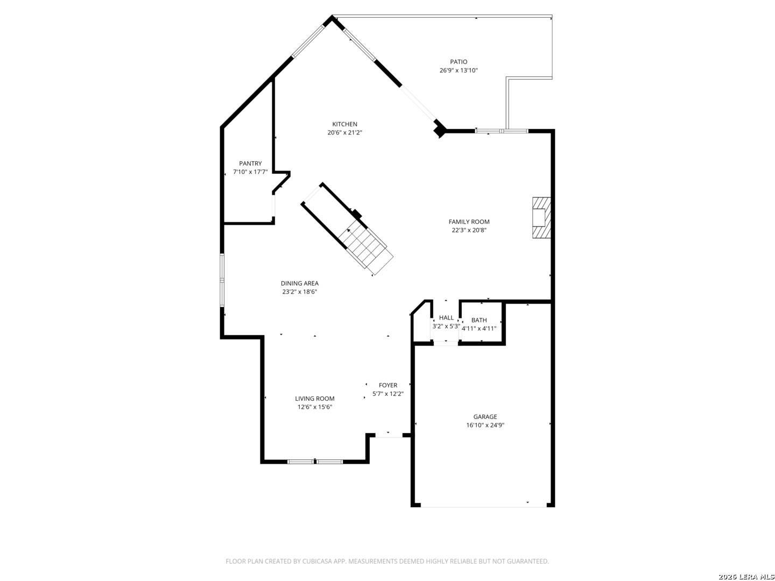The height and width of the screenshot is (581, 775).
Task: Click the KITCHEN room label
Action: click(x=344, y=124)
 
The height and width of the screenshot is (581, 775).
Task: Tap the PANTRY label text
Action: click(x=250, y=164)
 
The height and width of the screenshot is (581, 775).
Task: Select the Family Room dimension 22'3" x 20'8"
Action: click(x=469, y=230)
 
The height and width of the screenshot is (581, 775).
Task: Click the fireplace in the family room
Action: click(x=541, y=218)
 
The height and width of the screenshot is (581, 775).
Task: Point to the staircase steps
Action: click(x=366, y=247)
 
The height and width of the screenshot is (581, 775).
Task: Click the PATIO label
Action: click(x=459, y=62)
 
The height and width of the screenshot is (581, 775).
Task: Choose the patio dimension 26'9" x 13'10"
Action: click(x=459, y=70)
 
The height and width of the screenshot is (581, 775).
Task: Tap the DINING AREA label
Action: click(x=299, y=284)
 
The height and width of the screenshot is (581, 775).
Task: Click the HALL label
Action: click(x=446, y=318)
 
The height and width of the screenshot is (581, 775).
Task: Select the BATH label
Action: click(x=479, y=320)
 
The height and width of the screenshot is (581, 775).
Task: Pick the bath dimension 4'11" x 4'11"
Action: click(x=479, y=328)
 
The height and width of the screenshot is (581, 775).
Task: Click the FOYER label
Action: click(x=387, y=385)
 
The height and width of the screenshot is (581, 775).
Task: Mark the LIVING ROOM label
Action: click(x=315, y=399)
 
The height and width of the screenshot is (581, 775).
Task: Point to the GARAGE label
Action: click(x=485, y=416)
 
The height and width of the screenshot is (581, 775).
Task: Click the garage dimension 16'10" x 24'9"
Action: click(x=485, y=425)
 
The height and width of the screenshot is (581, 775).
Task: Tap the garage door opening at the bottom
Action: click(x=484, y=507)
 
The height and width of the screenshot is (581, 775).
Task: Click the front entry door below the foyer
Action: click(x=389, y=437)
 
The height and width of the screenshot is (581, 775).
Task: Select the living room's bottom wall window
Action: click(x=315, y=462)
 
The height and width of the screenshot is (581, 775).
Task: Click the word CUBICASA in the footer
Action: click(x=317, y=561)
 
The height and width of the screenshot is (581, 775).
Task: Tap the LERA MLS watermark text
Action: click(x=754, y=576)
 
